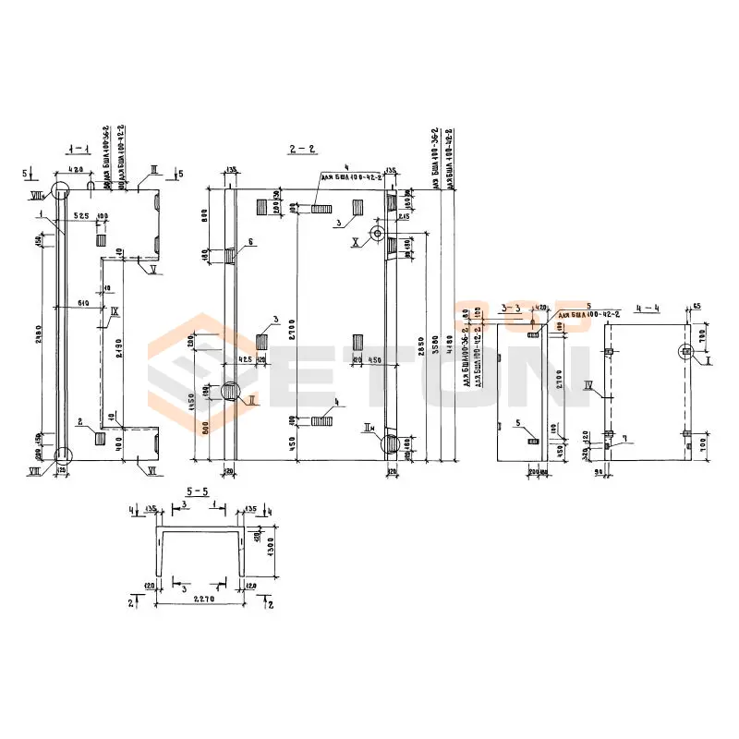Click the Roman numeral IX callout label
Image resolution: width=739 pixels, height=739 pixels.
(x=115, y=312)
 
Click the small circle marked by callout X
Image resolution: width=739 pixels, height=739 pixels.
(x=378, y=233)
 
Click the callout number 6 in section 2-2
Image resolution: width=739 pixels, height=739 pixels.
(x=248, y=242)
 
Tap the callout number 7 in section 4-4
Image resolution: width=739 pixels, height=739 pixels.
(x=624, y=438)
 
